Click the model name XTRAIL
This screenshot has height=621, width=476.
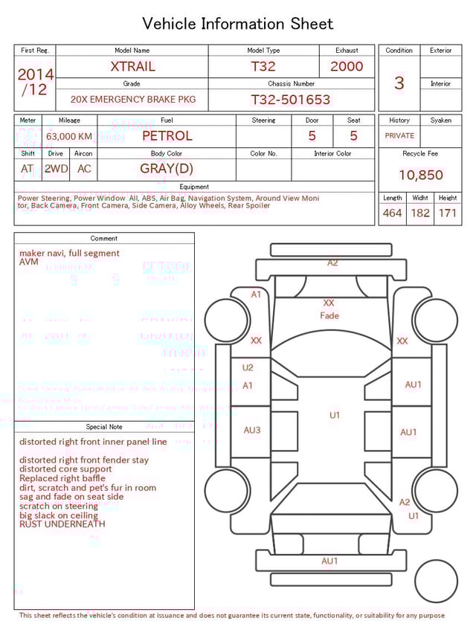[132, 66]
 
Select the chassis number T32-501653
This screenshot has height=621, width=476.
[290, 100]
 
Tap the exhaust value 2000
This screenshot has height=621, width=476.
[347, 66]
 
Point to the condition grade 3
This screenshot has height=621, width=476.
[399, 83]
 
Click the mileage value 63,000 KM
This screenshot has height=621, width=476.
[69, 137]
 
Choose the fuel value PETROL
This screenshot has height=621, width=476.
[167, 136]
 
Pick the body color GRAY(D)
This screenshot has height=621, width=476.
[167, 168]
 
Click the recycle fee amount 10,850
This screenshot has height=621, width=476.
[420, 176]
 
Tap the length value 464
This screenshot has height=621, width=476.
[392, 213]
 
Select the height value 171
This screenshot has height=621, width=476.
[447, 213]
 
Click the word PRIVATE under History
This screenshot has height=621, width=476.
[399, 136]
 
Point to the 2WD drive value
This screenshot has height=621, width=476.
[56, 169]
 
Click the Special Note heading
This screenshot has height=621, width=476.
[104, 427]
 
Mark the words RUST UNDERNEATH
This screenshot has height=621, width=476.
[62, 524]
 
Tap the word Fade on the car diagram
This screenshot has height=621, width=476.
[329, 315]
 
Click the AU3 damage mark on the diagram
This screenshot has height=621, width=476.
[252, 430]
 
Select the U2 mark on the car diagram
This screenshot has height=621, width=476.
[248, 367]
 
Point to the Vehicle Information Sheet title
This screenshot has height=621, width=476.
[238, 24]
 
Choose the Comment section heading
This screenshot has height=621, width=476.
[104, 239]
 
